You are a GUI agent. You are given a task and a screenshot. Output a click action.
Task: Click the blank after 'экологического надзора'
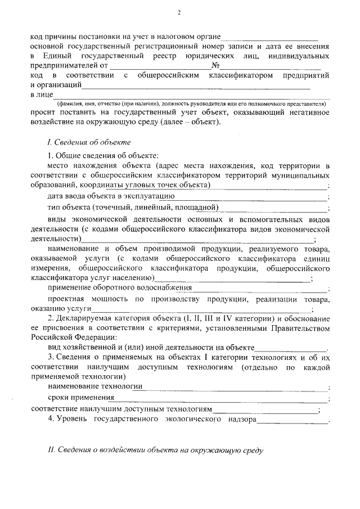(292, 420)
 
